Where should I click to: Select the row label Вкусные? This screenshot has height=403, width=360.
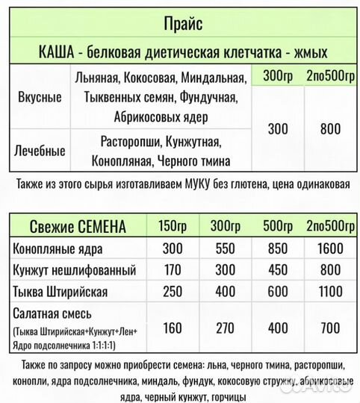tap(38, 98)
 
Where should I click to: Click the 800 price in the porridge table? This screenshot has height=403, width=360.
tap(329, 129)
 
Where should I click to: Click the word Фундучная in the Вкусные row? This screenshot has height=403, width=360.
tap(211, 98)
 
